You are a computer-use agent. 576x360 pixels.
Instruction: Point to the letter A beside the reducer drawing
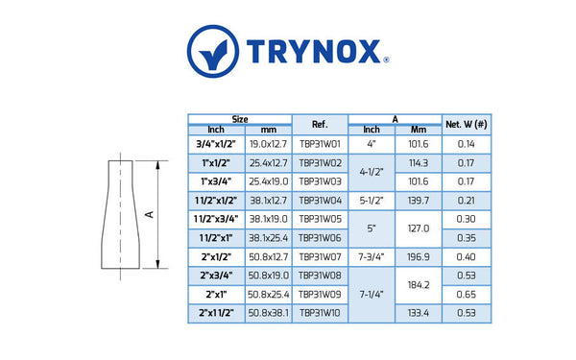(150, 214)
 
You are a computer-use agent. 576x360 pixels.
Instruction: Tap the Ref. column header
(321, 124)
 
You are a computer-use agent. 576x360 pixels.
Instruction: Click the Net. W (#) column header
(466, 124)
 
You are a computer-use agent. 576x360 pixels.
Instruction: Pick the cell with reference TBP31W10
(321, 312)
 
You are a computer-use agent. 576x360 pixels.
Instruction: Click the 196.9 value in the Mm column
(419, 256)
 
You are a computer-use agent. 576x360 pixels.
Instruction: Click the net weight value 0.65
(466, 294)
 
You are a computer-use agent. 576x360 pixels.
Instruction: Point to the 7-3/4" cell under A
(372, 256)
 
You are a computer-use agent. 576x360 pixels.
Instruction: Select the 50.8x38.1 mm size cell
(269, 312)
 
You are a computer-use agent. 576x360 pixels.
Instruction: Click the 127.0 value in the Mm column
(419, 228)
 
